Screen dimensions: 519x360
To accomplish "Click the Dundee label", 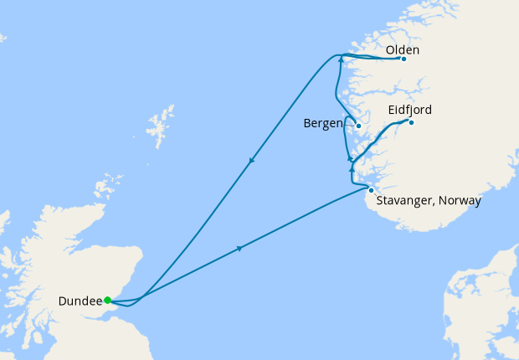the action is [x=80, y=301].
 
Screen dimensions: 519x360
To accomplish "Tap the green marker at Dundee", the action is [x=108, y=300].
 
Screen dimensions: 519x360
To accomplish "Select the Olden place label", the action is [x=403, y=50].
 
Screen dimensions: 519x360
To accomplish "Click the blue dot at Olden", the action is [x=403, y=59].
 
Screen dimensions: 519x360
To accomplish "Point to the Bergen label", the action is [x=322, y=124].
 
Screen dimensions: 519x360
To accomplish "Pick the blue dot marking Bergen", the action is [x=357, y=126].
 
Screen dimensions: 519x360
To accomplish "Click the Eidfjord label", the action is [x=410, y=110].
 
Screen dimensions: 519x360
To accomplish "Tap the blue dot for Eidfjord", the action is [x=411, y=123].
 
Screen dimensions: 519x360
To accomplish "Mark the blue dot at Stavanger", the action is [x=371, y=190].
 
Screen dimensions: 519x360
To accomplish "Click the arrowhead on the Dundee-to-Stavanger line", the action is [x=240, y=248].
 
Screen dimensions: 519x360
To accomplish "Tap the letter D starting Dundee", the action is [x=64, y=301].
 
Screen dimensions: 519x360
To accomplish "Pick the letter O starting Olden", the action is [x=391, y=50].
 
